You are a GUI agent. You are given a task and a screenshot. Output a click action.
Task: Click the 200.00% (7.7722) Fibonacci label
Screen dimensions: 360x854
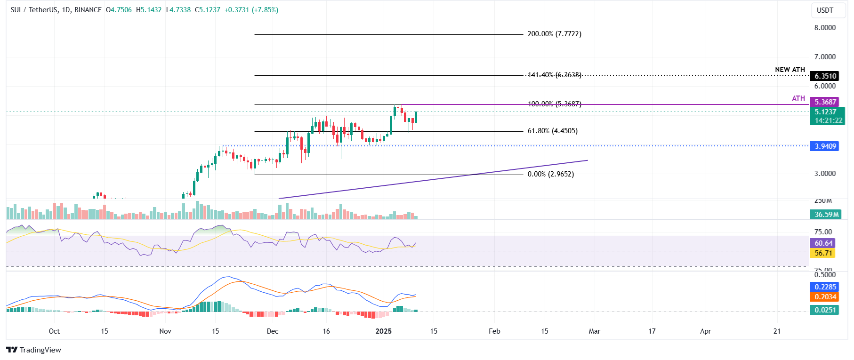coord(554,34)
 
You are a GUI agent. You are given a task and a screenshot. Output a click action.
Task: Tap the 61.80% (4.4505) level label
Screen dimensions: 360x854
coord(552,131)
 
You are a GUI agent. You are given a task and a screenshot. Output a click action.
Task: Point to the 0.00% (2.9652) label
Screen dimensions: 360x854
coord(550,174)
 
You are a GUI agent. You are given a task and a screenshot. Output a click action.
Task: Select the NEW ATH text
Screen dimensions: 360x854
coord(790,70)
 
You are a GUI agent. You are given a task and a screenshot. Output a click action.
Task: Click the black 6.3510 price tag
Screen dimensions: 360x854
coord(825,76)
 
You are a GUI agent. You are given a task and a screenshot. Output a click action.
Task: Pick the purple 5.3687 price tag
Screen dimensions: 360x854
coord(825,102)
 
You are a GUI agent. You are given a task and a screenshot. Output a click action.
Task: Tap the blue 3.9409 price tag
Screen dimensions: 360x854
coord(825,146)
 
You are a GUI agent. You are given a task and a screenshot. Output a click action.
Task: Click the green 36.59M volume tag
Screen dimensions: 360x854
coord(826,214)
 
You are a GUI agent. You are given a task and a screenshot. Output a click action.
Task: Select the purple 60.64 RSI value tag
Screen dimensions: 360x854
coord(823,243)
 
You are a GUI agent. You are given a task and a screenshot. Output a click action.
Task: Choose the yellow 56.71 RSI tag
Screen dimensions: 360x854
coord(823,253)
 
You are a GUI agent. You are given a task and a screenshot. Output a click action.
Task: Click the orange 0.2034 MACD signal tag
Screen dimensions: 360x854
coord(825,296)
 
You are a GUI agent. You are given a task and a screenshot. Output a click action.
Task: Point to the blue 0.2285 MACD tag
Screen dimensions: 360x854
coord(825,287)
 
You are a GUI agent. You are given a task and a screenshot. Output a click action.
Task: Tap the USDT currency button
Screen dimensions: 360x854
coord(825,10)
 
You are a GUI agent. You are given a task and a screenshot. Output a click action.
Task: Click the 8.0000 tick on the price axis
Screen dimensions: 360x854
coord(825,28)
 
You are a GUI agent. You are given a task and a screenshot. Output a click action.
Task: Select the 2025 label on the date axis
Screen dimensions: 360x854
coord(384,331)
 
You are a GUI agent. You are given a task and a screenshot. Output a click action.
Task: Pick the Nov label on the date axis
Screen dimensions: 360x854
coord(165,331)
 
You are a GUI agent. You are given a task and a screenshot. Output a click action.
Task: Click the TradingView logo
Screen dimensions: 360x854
coord(34,350)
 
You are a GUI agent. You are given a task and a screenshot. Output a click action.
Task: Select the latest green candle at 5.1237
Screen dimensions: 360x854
coord(416,117)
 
